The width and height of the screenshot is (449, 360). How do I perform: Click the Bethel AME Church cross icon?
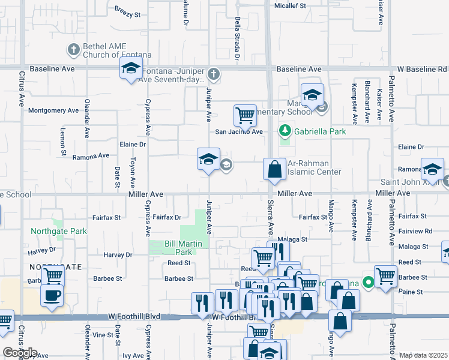click(73, 50)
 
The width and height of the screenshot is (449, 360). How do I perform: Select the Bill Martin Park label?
click(178, 248)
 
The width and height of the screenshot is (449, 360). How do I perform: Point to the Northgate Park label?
click(59, 231)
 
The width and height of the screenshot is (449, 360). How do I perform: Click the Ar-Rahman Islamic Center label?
click(314, 167)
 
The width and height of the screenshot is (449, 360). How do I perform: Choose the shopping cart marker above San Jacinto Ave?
click(245, 115)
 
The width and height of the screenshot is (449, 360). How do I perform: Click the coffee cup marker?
click(52, 295)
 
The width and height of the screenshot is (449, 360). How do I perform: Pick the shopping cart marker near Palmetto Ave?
click(385, 277)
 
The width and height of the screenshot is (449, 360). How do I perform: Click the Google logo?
click(20, 353)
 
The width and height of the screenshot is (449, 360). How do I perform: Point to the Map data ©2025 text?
click(423, 355)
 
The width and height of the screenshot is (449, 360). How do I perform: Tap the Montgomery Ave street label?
click(53, 110)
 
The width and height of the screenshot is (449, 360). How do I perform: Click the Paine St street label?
click(411, 292)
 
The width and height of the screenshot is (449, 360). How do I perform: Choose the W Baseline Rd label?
click(426, 70)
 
